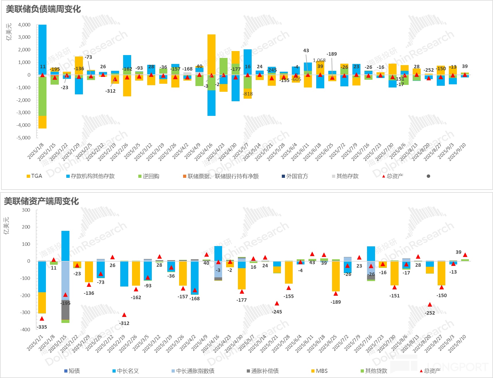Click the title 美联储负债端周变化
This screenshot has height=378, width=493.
[43, 9]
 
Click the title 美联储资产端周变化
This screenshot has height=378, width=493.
[41, 201]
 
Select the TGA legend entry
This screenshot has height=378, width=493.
[34, 176]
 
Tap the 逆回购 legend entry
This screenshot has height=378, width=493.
[149, 176]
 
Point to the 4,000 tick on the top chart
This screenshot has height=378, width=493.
[24, 25]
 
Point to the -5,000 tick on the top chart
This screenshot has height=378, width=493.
[23, 138]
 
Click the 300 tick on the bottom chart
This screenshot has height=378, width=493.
[26, 210]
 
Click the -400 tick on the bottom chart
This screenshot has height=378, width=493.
[25, 330]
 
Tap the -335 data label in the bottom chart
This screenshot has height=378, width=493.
[42, 327]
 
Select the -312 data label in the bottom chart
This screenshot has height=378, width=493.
[124, 323]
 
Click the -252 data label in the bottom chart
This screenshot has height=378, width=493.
[430, 313]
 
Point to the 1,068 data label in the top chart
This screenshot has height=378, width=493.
[319, 60]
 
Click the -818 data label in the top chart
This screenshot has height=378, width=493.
[248, 94]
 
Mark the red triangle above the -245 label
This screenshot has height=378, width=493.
[277, 303]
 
